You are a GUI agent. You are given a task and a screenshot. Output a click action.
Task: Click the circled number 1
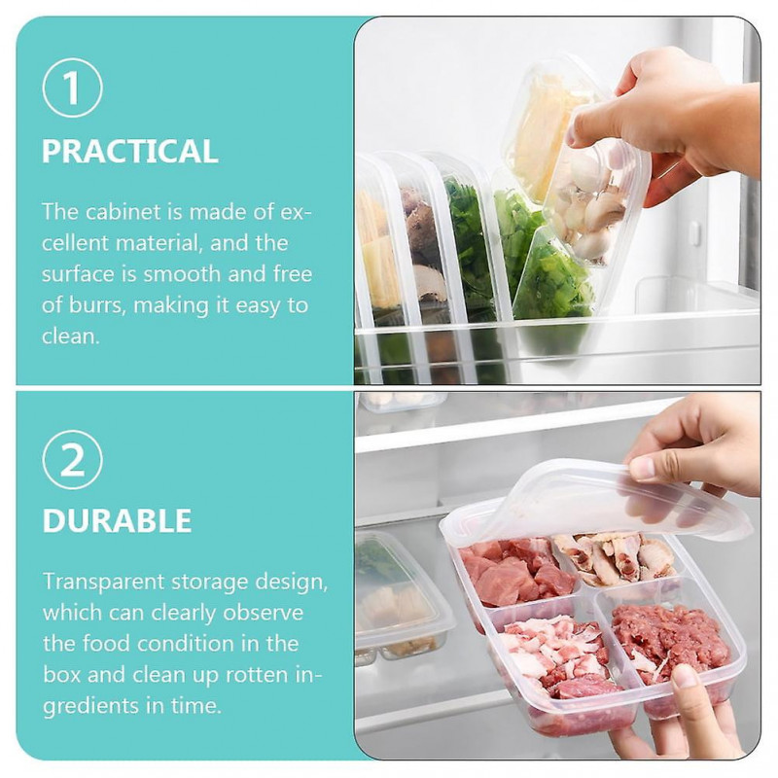[73, 88]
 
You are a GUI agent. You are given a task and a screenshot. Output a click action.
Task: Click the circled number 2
[73, 462]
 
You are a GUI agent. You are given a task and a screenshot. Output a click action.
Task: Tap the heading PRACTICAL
[129, 152]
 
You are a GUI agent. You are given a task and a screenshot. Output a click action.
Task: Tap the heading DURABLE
[117, 520]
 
